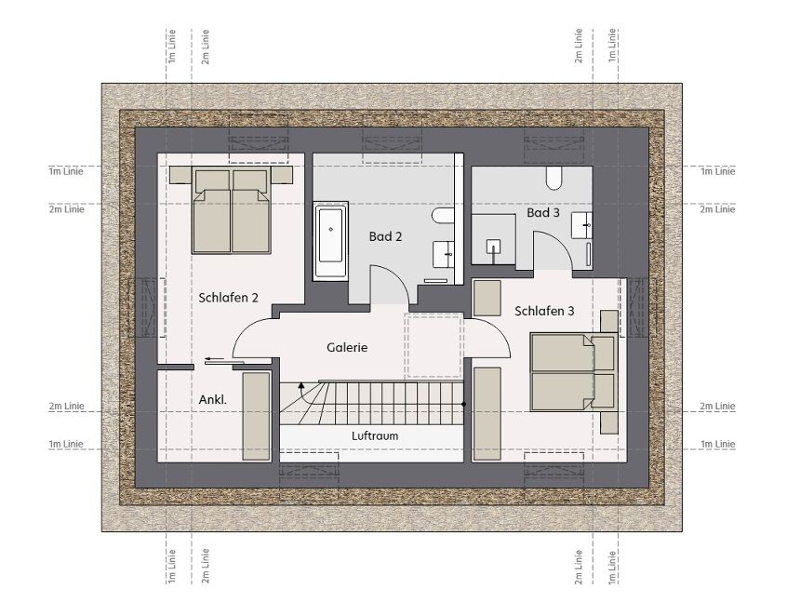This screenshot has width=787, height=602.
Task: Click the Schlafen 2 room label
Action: (x=228, y=298)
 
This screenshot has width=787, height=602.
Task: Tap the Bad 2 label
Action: (x=385, y=236)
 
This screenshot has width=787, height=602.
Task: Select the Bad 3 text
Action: (x=543, y=213)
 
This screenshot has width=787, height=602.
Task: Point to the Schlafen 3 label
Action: (x=544, y=312)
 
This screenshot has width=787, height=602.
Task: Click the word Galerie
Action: (x=347, y=347)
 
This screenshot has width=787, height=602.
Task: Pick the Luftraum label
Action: (x=375, y=435)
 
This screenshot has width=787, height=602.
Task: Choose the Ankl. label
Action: (x=213, y=400)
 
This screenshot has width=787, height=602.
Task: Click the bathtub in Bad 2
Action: (x=331, y=241)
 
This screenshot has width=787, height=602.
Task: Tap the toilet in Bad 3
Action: (x=554, y=179)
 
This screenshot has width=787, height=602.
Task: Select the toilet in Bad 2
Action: (x=442, y=216)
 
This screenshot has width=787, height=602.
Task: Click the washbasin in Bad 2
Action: (x=444, y=255)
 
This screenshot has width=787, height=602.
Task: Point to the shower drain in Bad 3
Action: (x=493, y=246)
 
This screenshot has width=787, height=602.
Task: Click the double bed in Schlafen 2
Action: (x=232, y=210)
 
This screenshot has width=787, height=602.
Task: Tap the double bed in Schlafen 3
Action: (x=574, y=372)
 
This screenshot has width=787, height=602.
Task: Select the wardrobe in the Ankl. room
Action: (x=257, y=416)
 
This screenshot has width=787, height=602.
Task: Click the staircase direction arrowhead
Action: (x=301, y=385)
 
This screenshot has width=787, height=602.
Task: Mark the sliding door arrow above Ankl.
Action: (x=214, y=359)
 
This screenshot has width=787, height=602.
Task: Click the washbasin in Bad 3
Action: (x=581, y=225)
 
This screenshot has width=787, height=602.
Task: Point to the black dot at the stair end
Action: (x=464, y=404)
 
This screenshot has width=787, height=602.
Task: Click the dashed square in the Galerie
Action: (x=434, y=345)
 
